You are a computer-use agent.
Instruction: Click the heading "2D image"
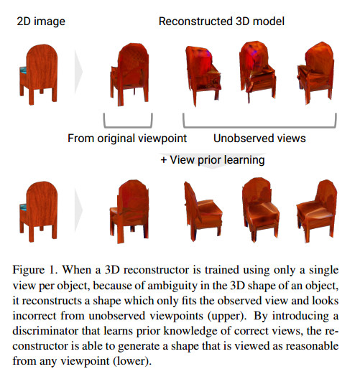coord(41,22)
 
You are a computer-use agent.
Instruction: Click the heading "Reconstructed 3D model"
coord(221,22)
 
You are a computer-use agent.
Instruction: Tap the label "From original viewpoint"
coord(127,139)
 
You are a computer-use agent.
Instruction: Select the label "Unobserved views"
coord(259,139)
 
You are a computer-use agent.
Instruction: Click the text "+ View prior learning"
coord(213,159)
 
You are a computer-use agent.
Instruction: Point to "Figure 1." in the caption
coord(35,270)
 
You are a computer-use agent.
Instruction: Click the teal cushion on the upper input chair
coord(23,70)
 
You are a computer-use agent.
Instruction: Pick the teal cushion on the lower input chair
coord(23,207)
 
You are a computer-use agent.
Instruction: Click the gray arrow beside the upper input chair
coord(78,72)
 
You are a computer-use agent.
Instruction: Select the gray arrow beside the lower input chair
coord(78,210)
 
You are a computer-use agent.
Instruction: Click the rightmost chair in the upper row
coord(315,73)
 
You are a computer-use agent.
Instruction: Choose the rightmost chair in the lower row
coord(317,211)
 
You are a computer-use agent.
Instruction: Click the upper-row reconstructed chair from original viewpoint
coord(129,75)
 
